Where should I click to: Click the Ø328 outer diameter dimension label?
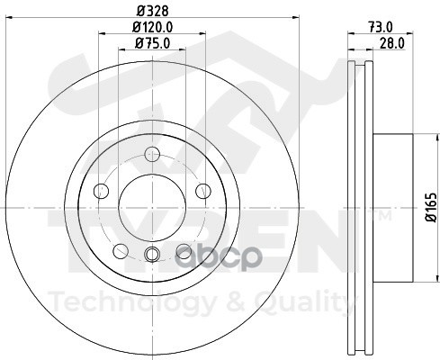pos(153,11)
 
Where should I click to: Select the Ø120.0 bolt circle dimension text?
pos(153,28)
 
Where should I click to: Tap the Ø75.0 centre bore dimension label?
pos(153,43)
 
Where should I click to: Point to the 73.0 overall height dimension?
pos(381,27)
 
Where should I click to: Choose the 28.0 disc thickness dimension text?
pos(392,43)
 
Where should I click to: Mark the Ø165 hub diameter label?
pos(431,208)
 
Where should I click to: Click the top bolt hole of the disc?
pos(152,154)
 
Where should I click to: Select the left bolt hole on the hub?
pos(101,191)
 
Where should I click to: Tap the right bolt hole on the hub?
pos(203,191)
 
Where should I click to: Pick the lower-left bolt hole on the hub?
pos(121,251)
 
